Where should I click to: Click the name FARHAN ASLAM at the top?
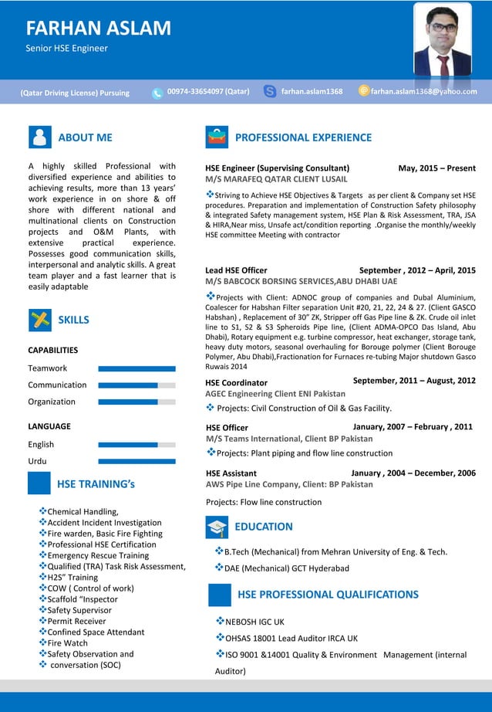point(98,29)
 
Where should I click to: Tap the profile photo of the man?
point(442,40)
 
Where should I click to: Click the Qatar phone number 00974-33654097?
point(207,91)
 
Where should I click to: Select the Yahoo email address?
point(423,91)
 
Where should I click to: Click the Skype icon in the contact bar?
point(270,91)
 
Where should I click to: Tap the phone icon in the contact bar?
point(157,93)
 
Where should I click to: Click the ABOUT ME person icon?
point(39,137)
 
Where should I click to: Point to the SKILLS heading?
point(73,320)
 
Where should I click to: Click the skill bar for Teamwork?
point(136,368)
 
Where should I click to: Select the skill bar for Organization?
point(136,402)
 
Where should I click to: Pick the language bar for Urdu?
point(136,461)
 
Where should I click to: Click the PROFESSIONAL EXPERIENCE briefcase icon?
point(217,137)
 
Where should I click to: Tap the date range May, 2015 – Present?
point(436,168)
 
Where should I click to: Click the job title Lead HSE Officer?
point(236,270)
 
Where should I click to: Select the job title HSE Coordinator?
point(237,382)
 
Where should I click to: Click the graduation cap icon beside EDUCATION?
point(217,527)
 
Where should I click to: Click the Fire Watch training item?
point(67,642)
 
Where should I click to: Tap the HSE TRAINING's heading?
point(96,484)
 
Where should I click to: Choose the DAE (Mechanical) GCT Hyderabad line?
point(286,568)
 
